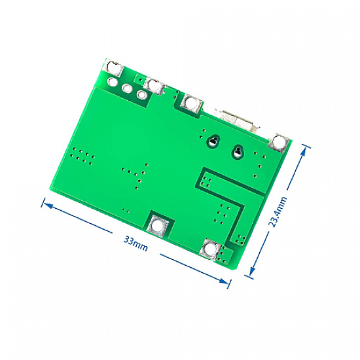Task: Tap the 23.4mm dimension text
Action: click(278, 211)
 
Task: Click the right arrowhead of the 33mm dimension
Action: click(223, 281)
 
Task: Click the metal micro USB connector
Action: click(238, 120)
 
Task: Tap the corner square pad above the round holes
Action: click(113, 67)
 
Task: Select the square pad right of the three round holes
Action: click(154, 86)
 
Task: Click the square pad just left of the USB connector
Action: click(192, 103)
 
